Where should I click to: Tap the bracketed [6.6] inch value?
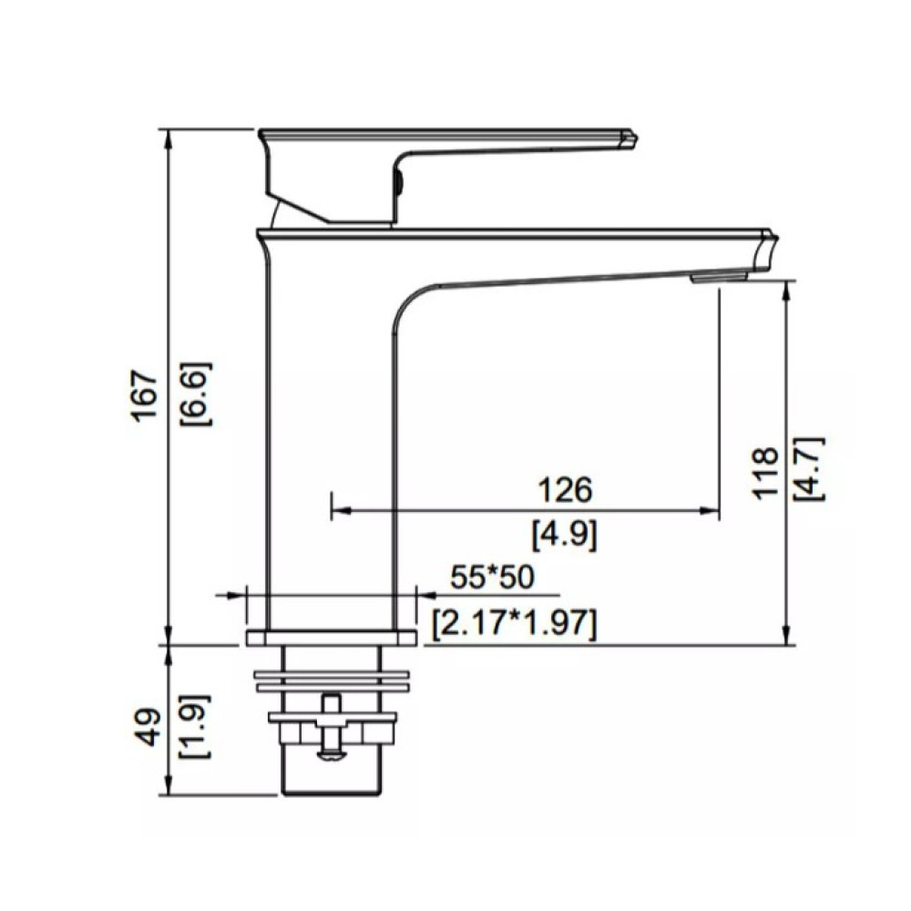[x=196, y=394]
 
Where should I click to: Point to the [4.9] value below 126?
[x=564, y=534]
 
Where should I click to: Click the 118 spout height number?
[x=765, y=472]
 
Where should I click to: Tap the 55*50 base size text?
[x=492, y=578]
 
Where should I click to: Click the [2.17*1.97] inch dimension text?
[x=515, y=624]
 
